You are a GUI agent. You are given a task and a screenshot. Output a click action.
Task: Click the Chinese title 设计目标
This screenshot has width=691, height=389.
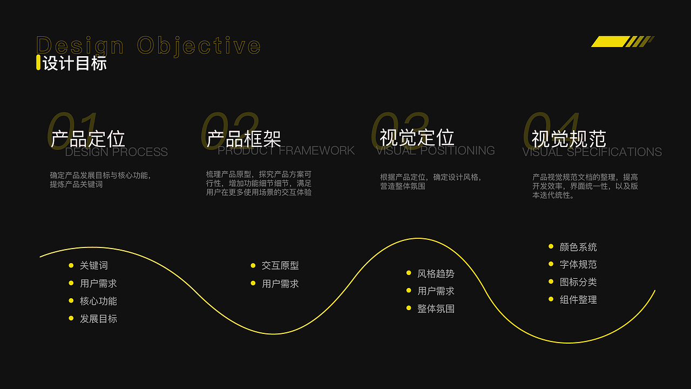click(74, 63)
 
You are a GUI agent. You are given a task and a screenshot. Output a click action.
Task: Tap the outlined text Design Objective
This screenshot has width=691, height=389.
click(148, 45)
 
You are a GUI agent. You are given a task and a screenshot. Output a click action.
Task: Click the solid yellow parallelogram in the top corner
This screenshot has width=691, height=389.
click(610, 42)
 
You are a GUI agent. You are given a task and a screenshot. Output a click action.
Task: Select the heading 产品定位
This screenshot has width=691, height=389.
click(88, 139)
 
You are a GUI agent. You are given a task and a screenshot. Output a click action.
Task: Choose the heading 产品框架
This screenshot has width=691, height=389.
click(244, 139)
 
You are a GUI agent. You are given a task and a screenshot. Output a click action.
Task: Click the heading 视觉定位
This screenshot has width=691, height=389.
click(417, 137)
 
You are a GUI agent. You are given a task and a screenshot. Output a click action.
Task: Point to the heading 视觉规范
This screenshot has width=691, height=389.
click(569, 139)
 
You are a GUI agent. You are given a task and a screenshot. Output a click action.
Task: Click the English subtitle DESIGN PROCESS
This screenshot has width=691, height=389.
click(116, 152)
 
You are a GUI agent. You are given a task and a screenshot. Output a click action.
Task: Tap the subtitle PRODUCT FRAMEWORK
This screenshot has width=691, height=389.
click(286, 151)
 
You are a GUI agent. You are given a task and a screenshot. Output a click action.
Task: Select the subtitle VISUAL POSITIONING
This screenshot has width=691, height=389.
click(436, 151)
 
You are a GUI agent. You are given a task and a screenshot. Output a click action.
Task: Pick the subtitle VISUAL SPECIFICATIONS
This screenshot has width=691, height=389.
click(592, 152)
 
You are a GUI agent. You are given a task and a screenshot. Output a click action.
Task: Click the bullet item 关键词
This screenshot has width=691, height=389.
click(94, 265)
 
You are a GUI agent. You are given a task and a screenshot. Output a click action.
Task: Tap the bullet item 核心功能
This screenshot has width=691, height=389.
click(98, 301)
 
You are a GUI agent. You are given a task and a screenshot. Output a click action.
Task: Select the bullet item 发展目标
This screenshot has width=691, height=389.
click(98, 319)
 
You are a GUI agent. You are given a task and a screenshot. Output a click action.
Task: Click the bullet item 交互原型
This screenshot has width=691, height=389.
click(280, 265)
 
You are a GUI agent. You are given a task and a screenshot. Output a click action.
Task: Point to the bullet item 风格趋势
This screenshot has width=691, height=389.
click(436, 273)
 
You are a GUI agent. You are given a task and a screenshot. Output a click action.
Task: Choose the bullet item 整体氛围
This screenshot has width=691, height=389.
click(436, 308)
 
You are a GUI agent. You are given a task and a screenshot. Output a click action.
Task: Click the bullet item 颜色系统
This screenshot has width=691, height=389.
click(578, 247)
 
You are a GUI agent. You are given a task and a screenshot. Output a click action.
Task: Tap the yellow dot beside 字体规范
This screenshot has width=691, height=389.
click(551, 264)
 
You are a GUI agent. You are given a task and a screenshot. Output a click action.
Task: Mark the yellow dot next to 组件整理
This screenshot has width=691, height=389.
click(551, 299)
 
